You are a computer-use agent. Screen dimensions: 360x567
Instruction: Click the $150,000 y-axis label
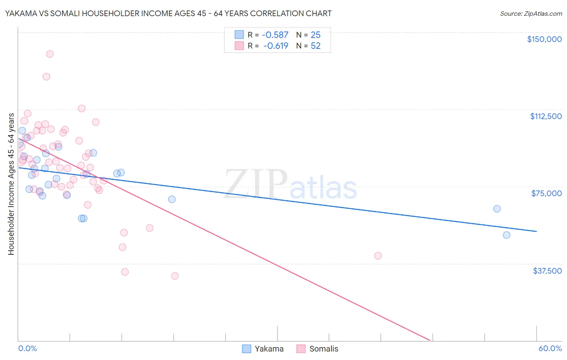pyautogui.click(x=544, y=39)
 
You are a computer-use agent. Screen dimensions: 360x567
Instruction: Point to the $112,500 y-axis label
pyautogui.click(x=546, y=116)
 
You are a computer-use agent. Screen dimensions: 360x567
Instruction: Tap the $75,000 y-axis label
pyautogui.click(x=546, y=193)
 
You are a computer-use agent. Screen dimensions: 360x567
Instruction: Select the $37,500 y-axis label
pyautogui.click(x=547, y=271)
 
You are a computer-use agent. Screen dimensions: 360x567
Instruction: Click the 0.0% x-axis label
pyautogui.click(x=27, y=348)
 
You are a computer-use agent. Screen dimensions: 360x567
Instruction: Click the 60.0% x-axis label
pyautogui.click(x=550, y=348)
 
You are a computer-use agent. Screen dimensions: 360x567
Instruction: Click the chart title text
pyautogui.click(x=168, y=13)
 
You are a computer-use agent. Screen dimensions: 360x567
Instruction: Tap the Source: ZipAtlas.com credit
pyautogui.click(x=531, y=14)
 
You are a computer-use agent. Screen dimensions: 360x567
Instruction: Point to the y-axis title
pyautogui.click(x=11, y=184)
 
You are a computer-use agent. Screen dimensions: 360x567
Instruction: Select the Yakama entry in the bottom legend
pyautogui.click(x=263, y=349)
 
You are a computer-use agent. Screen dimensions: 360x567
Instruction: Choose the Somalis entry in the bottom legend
pyautogui.click(x=317, y=349)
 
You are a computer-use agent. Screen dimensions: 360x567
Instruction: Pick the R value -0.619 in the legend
pyautogui.click(x=276, y=46)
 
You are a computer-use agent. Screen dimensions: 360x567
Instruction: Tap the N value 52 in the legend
pyautogui.click(x=315, y=46)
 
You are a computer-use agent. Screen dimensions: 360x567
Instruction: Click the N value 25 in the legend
pyautogui.click(x=315, y=35)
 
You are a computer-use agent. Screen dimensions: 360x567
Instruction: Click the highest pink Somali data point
pyautogui.click(x=50, y=54)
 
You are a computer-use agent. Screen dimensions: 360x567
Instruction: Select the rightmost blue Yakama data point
pyautogui.click(x=507, y=235)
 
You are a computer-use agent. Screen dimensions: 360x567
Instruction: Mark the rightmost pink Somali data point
pyautogui.click(x=378, y=255)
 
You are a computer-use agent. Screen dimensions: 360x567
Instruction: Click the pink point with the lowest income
pyautogui.click(x=175, y=276)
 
